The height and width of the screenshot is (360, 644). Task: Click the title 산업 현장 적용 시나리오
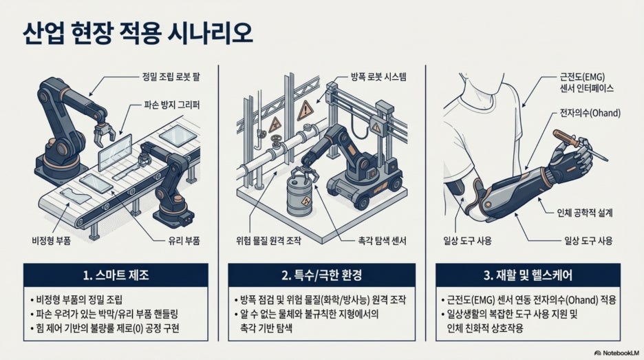(x=137, y=33)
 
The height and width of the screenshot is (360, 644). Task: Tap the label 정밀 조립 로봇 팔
(x=171, y=76)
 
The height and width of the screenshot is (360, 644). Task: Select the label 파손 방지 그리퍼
(x=172, y=105)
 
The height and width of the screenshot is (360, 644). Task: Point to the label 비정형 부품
(x=51, y=240)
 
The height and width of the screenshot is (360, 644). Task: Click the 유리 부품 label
(x=184, y=240)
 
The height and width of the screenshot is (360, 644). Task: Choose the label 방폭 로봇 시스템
(x=378, y=76)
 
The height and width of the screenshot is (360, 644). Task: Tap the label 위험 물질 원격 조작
(x=268, y=240)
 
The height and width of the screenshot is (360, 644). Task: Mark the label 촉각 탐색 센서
(x=382, y=240)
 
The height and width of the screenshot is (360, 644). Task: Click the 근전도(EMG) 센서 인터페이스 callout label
(x=586, y=82)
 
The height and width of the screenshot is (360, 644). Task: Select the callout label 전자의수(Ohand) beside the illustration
(x=590, y=113)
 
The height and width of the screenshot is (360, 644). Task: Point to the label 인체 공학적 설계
(x=584, y=213)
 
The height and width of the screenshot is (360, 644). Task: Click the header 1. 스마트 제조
(x=116, y=275)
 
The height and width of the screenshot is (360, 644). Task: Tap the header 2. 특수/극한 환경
(x=321, y=275)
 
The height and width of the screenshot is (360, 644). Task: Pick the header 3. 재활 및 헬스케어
(x=528, y=275)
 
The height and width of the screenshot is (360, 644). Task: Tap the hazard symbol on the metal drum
(x=306, y=202)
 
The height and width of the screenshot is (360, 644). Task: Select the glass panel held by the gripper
(x=115, y=152)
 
